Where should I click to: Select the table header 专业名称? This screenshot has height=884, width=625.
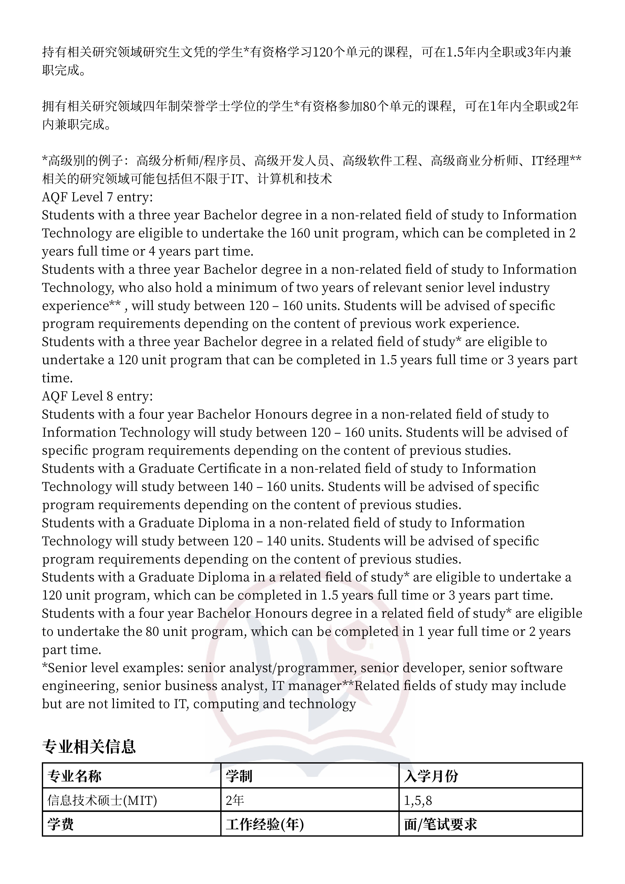coord(74,776)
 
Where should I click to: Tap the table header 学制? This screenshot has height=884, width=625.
coord(239,776)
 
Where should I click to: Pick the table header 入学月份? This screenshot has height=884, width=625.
coord(431,776)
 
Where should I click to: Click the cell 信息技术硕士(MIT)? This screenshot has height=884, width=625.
coord(102,801)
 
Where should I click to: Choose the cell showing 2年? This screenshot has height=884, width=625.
coord(235,801)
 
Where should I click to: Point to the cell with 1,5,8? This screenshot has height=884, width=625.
coord(418,801)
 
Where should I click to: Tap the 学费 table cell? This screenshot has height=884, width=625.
coord(60,824)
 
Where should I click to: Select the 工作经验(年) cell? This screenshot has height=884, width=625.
coord(265,824)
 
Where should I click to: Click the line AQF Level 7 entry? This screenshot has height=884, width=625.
coord(98,197)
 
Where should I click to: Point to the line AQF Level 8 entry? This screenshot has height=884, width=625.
coord(98,396)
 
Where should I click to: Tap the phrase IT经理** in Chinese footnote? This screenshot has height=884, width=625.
coord(556,161)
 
